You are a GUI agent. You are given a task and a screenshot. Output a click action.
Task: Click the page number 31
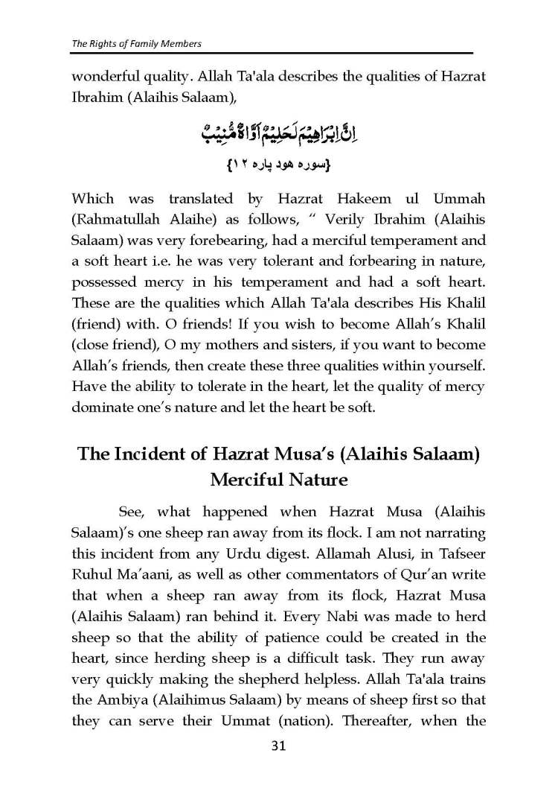point(278,746)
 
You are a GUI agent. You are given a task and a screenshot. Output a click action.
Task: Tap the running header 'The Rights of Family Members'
point(136,43)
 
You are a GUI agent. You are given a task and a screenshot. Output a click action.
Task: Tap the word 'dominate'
point(100,407)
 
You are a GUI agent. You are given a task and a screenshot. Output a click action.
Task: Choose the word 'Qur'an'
point(414,574)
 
